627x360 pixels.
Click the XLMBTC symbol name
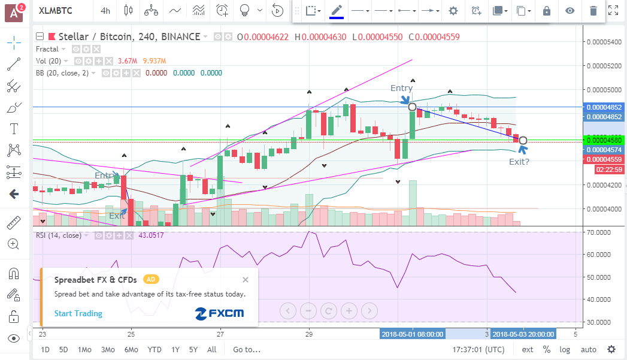(x=55, y=11)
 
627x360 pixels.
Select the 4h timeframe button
(x=105, y=11)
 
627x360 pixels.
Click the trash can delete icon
(x=593, y=11)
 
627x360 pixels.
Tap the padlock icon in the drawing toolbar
(x=546, y=11)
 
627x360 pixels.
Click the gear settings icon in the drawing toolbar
(x=453, y=11)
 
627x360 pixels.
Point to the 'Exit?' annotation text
(x=519, y=161)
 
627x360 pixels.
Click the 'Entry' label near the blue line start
(x=401, y=88)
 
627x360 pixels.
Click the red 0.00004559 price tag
(x=604, y=159)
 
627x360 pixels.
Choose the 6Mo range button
(x=131, y=349)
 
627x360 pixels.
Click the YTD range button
(x=155, y=349)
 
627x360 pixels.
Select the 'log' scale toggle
(x=564, y=349)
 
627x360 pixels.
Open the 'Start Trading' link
(x=78, y=313)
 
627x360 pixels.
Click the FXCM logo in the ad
(x=219, y=313)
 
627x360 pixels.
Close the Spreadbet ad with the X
(x=246, y=280)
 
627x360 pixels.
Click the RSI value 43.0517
(x=151, y=235)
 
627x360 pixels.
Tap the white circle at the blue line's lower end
(x=523, y=140)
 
